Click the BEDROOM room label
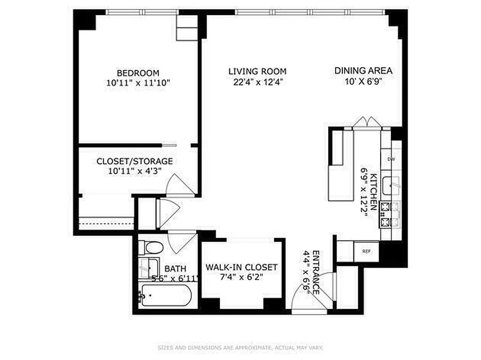[x=138, y=73]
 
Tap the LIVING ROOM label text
[x=257, y=71]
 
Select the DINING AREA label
[x=363, y=71]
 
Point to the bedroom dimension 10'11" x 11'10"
[x=138, y=83]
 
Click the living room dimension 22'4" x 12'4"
[x=257, y=81]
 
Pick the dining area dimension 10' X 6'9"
[x=363, y=81]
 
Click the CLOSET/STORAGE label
[x=135, y=161]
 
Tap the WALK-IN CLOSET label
[x=242, y=267]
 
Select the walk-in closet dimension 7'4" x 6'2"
[x=242, y=277]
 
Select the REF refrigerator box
[x=367, y=251]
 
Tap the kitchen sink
[x=390, y=184]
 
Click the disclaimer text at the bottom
[x=240, y=348]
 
